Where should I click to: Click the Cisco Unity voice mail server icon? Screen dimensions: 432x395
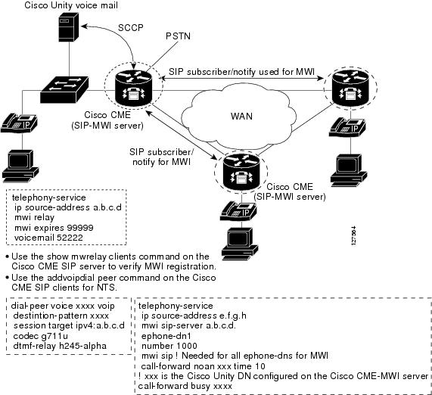point(69,27)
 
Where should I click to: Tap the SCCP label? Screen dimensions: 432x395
point(131,27)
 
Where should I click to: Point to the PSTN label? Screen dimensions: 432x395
point(178,36)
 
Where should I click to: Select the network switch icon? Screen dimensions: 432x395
point(64,90)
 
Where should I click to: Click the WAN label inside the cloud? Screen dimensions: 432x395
point(241,116)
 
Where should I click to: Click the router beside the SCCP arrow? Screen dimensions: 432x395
point(134,88)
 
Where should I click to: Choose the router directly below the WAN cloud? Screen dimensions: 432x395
point(241,173)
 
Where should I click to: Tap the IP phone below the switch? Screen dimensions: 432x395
point(19,123)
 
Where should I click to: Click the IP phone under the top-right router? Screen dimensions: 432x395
point(347,127)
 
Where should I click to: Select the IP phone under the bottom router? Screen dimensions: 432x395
point(238,211)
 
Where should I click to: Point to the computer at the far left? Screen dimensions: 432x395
point(20,166)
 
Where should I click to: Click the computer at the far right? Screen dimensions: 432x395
point(349,170)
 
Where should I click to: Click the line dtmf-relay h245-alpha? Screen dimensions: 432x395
point(60,346)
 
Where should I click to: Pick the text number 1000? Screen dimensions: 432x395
point(169,346)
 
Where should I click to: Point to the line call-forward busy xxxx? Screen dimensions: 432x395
point(185,386)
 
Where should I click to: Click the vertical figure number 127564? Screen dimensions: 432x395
point(354,235)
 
